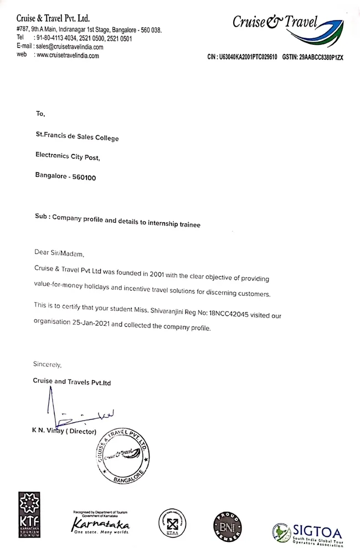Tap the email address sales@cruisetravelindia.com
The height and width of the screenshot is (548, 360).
pyautogui.click(x=69, y=47)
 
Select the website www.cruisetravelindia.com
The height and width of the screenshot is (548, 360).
pyautogui.click(x=68, y=55)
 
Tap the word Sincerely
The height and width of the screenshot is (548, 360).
pyautogui.click(x=48, y=365)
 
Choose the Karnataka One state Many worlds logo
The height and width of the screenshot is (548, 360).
pyautogui.click(x=101, y=522)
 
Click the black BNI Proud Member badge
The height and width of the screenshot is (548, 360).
pyautogui.click(x=227, y=524)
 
